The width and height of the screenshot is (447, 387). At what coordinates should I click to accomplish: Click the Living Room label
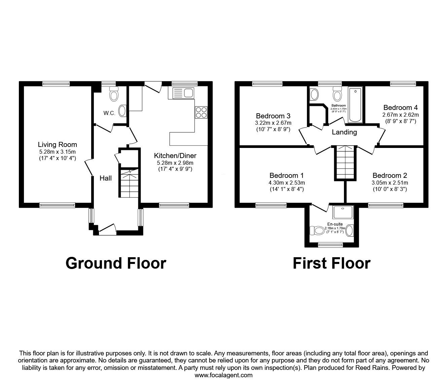coord(57,145)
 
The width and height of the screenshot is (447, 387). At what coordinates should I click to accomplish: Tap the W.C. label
coord(109,113)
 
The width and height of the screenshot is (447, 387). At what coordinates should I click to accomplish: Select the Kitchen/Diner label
coord(175,156)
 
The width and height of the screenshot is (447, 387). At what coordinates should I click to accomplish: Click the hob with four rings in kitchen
coord(201,112)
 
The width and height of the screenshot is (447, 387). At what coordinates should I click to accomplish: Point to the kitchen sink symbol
coord(182,93)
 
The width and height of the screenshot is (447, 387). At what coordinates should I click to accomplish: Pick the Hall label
coord(105,178)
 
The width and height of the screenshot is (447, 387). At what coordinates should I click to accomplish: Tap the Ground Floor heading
coord(116,263)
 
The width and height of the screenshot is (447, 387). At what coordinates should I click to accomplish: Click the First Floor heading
coord(332,263)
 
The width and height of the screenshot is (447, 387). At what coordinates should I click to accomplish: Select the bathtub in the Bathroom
coord(355,105)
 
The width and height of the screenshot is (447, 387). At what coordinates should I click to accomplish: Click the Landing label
coord(344,132)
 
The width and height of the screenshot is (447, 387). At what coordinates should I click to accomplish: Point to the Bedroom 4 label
coord(401,108)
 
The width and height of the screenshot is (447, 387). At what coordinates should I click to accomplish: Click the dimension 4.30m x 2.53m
coord(286,183)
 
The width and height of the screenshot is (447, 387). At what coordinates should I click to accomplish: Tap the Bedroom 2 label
coord(389,175)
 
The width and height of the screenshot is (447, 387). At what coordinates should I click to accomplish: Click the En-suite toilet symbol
coord(316,231)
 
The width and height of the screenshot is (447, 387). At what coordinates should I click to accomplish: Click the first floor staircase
coord(345,163)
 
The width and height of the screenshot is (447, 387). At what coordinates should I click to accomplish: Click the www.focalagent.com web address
coord(224,375)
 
